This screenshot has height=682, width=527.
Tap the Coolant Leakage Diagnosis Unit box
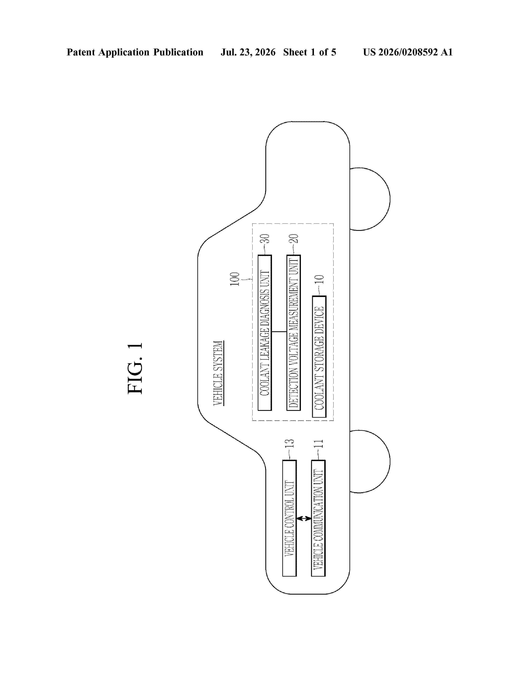point(265,333)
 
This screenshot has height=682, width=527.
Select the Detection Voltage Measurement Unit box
point(293,333)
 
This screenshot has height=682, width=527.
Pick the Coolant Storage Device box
point(319,357)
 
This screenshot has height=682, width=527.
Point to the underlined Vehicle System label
point(218,373)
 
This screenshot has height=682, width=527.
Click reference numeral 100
point(235,279)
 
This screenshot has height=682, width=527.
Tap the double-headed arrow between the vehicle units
point(304,518)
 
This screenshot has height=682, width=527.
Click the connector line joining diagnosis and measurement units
point(279,332)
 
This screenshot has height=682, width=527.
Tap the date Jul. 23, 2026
point(248,52)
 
